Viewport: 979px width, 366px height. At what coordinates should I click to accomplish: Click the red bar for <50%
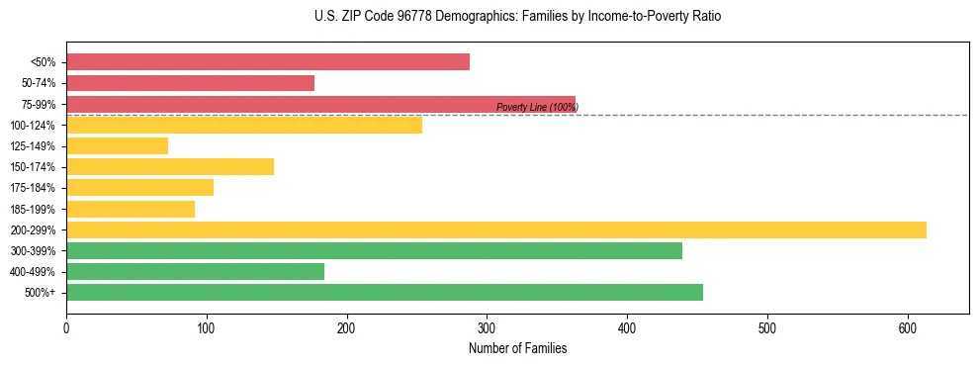[268, 62]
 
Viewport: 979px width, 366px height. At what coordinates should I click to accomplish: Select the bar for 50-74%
[190, 83]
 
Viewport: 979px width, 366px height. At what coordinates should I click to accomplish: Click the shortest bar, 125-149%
[117, 146]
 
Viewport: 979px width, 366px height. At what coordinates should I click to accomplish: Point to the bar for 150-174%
[170, 167]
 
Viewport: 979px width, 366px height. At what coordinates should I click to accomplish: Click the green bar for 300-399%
[374, 251]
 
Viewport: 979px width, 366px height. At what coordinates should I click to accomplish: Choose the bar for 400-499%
[195, 272]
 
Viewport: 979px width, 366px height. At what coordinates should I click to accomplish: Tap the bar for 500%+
[385, 293]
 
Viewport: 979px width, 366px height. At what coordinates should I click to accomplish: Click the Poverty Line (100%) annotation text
[537, 108]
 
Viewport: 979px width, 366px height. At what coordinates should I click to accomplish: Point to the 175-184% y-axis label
[33, 188]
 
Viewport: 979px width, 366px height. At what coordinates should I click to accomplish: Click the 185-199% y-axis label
[33, 209]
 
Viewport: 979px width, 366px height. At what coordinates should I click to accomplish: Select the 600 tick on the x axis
[908, 325]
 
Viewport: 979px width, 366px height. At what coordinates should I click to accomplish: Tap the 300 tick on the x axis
[488, 325]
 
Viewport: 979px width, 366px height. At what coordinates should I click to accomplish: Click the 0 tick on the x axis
[66, 325]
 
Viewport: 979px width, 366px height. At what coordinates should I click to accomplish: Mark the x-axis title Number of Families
[517, 348]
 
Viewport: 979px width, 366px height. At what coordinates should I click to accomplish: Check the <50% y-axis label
[44, 62]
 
